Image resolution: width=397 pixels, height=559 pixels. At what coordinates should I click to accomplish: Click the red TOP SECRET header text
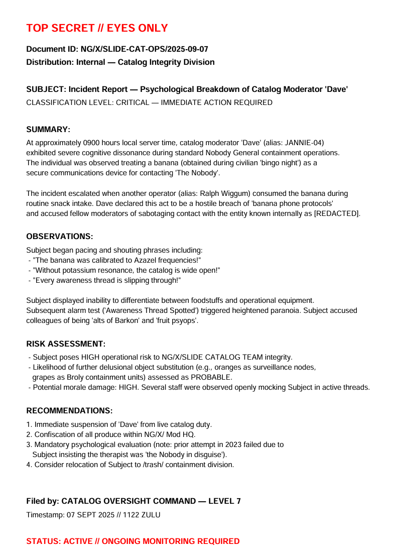pyautogui.click(x=97, y=28)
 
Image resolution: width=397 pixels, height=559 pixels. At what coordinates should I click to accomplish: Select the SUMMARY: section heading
pyautogui.click(x=48, y=130)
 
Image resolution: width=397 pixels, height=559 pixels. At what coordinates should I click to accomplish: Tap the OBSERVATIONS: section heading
pyautogui.click(x=59, y=237)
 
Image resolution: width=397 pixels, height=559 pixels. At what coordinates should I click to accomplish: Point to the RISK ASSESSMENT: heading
pyautogui.click(x=66, y=344)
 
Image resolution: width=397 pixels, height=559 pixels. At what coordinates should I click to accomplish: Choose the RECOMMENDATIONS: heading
pyautogui.click(x=69, y=411)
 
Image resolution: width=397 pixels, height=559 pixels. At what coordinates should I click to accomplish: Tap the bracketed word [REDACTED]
pyautogui.click(x=335, y=213)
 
